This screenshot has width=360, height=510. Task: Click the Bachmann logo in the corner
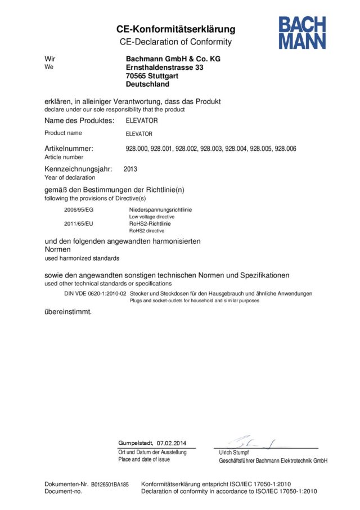(301, 33)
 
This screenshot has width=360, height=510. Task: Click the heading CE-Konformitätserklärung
(175, 29)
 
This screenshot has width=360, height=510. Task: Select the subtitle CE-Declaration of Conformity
(175, 42)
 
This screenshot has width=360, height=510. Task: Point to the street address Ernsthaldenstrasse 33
(165, 67)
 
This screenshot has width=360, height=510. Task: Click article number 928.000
(137, 149)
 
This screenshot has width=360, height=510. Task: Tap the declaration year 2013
(130, 168)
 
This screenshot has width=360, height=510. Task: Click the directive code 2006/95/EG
(78, 209)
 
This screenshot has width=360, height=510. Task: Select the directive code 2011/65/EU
(78, 223)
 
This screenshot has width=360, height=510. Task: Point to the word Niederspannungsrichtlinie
(160, 209)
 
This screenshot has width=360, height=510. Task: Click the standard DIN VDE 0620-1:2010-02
(95, 294)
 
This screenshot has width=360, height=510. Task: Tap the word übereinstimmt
(68, 311)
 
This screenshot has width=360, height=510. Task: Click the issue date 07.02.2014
(172, 442)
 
